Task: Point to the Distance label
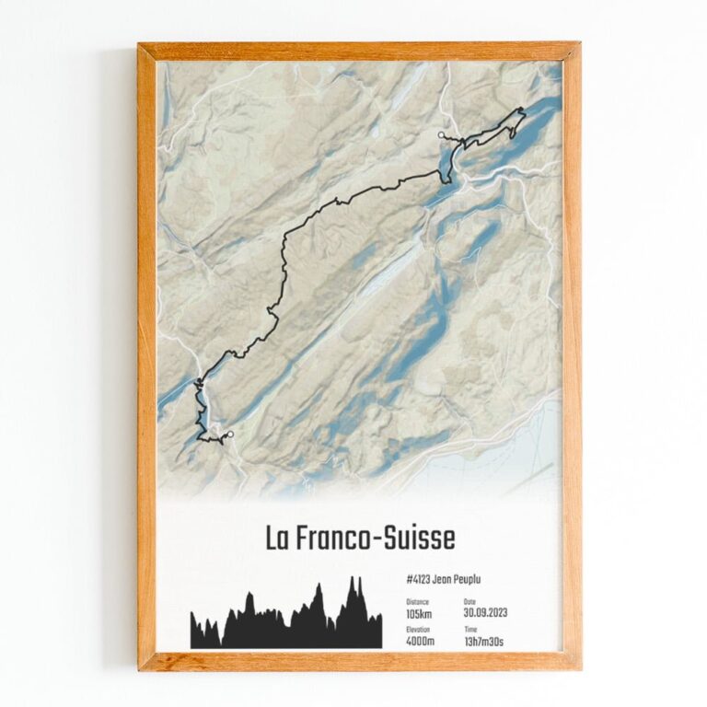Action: pyautogui.click(x=416, y=602)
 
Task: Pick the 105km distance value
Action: pyautogui.click(x=419, y=613)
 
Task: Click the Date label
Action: pyautogui.click(x=469, y=602)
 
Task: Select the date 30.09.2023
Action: pyautogui.click(x=485, y=613)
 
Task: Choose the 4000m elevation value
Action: pyautogui.click(x=421, y=641)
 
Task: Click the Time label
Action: pyautogui.click(x=470, y=630)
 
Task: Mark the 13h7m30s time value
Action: pyautogui.click(x=483, y=641)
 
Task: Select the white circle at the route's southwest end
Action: pyautogui.click(x=230, y=435)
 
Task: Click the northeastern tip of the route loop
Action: pyautogui.click(x=522, y=110)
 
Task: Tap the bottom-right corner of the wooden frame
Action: pyautogui.click(x=580, y=668)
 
